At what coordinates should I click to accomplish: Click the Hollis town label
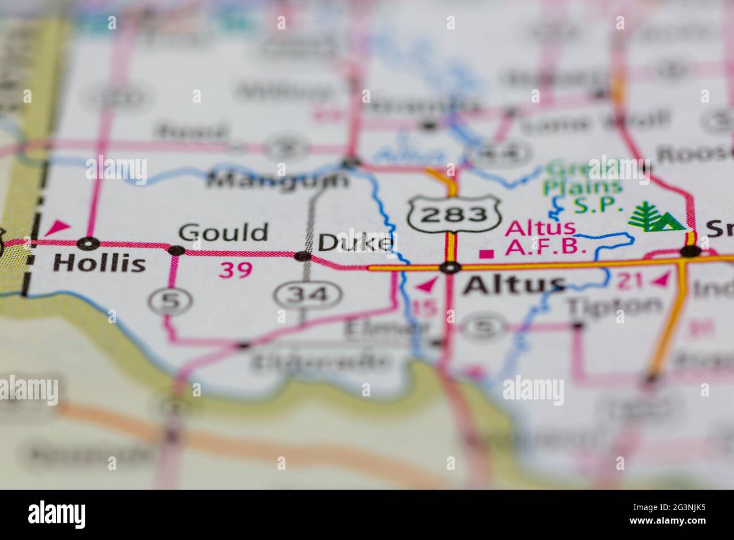[x=99, y=263]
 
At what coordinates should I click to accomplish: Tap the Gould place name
[x=223, y=233]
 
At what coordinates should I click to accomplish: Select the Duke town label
[x=355, y=243]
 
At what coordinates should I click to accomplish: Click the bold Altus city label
[x=514, y=286]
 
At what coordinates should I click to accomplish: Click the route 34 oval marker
[x=308, y=294]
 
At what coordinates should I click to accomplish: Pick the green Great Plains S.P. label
[x=584, y=186]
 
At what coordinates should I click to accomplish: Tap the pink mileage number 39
[x=235, y=271]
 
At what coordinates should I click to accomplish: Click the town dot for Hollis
[x=88, y=243]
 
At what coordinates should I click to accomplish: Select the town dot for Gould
[x=177, y=250]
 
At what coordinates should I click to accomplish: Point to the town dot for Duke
[x=303, y=256]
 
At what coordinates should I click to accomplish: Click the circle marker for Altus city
[x=449, y=268]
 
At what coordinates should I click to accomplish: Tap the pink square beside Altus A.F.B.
[x=483, y=254]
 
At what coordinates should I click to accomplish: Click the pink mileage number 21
[x=627, y=280]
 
